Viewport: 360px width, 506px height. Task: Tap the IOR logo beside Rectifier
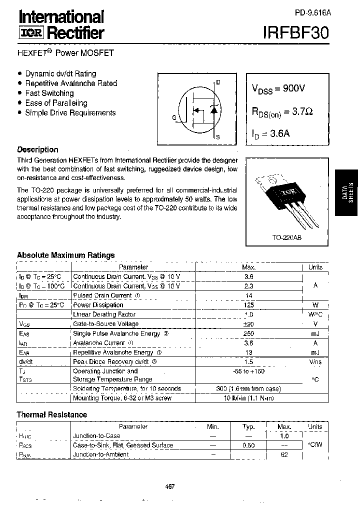[31, 33]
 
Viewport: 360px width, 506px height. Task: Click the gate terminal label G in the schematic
[174, 118]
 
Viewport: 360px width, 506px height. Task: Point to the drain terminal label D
[218, 82]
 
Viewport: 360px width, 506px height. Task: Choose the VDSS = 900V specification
[278, 88]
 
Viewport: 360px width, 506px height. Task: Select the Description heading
[37, 149]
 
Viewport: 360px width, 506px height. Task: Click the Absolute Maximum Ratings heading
[65, 255]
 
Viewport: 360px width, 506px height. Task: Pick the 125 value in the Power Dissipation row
[248, 305]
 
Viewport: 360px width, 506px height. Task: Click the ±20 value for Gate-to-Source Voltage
[248, 324]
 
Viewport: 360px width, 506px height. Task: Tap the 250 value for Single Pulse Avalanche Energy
[248, 333]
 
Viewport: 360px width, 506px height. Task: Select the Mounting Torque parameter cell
[122, 398]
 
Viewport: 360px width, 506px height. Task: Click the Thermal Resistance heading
[51, 414]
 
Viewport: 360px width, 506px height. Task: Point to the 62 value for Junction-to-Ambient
[284, 454]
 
